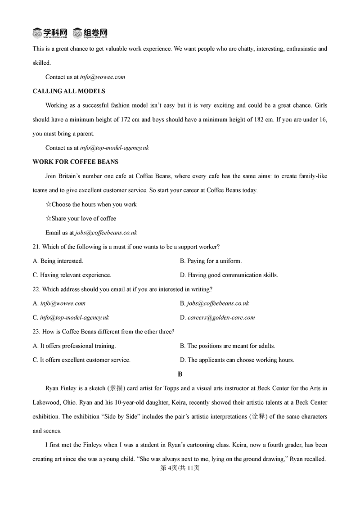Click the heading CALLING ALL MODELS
69,91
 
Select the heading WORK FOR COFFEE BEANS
76,162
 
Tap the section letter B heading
180,374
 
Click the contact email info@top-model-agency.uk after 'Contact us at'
114,148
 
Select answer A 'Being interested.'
58,261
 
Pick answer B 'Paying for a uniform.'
211,261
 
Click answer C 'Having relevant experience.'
72,275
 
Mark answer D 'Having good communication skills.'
229,275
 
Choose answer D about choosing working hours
237,360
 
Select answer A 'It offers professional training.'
74,346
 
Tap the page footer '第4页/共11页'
180,468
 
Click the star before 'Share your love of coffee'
48,219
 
